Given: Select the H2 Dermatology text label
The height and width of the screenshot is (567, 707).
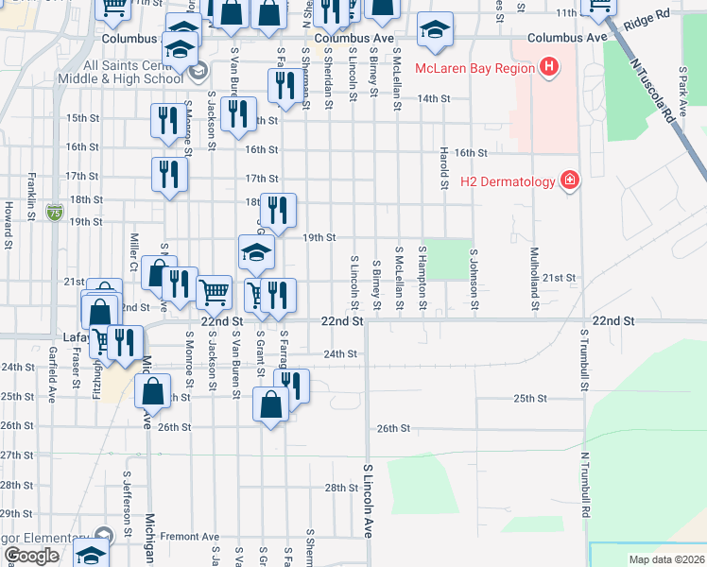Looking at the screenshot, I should (508, 180).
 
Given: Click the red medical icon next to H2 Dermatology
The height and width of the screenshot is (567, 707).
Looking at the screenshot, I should (569, 180).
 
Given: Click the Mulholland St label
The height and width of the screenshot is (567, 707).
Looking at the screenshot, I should (534, 279).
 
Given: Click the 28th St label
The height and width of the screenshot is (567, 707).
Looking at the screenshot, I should (339, 488).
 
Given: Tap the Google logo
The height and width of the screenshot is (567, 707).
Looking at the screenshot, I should (31, 556).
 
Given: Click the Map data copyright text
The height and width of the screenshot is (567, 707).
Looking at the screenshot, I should (667, 559).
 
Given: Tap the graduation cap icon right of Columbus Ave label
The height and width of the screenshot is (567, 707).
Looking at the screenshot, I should (434, 30).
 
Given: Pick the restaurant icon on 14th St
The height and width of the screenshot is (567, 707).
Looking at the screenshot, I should (283, 86).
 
